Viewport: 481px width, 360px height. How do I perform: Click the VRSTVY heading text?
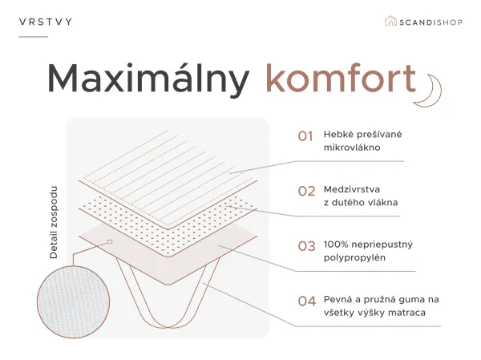coord(46,22)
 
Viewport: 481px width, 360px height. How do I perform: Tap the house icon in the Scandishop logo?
coord(390,21)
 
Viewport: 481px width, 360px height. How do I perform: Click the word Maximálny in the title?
coord(148,79)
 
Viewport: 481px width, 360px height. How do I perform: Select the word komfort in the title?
coord(341,78)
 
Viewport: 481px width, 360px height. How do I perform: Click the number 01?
coord(305,136)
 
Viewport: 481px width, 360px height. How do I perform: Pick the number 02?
coord(306,191)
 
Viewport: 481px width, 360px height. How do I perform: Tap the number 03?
coord(306,246)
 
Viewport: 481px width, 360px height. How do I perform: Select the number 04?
coord(307,301)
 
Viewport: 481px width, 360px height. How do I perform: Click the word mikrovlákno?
coord(352,148)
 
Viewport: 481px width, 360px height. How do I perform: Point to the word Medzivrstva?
coord(352,189)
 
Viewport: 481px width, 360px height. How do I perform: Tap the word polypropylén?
coord(354,258)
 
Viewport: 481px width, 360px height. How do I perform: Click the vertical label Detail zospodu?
coord(54,223)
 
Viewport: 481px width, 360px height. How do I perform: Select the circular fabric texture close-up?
coord(73,302)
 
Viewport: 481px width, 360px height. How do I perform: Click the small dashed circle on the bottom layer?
coord(110,242)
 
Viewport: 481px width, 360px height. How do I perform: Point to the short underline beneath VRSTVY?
coord(33,37)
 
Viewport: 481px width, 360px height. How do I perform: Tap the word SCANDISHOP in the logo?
coord(430,22)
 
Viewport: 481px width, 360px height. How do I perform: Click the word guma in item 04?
coord(405,300)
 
